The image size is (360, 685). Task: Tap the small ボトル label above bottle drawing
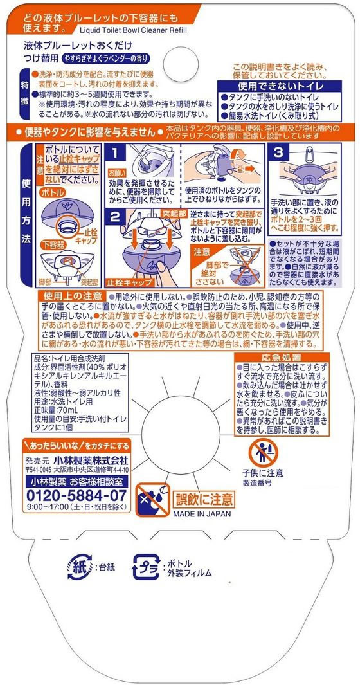[x=53, y=193]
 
